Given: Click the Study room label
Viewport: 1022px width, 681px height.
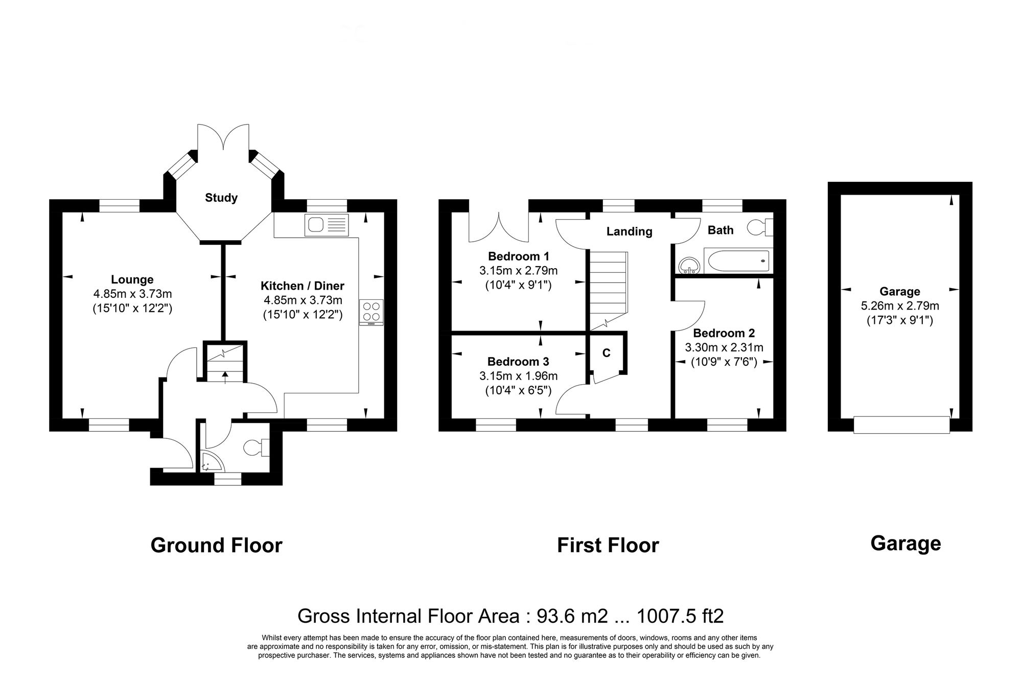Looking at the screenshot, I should pos(221,198).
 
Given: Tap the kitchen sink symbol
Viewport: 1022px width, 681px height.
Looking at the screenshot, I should pos(326,225).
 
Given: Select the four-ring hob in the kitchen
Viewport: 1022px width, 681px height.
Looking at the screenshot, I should pos(371,312).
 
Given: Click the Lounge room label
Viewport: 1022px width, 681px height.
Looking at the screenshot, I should pos(132,279).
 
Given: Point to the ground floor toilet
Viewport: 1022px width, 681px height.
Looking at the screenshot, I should pos(255,448).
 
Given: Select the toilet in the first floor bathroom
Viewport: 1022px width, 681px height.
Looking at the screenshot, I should pos(760,227).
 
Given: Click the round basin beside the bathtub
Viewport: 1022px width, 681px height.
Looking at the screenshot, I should pos(689,265).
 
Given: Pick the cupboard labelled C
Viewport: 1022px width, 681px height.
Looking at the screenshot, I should pos(606,353).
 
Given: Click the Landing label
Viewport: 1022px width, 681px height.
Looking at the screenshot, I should pos(629,231).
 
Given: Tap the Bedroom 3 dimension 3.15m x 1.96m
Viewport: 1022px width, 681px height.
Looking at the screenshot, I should pos(518,377).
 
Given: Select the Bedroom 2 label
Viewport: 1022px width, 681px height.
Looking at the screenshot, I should pos(724,333).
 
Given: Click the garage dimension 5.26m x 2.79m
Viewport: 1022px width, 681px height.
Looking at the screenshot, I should pos(899,306).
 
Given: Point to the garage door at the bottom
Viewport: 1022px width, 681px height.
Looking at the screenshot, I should pos(901,425).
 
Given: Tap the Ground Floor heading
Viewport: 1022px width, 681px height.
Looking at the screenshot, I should pos(216,545).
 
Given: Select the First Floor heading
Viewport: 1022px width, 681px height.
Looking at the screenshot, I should pos(608,545).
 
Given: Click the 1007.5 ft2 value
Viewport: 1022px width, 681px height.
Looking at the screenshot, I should pos(680,616).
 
